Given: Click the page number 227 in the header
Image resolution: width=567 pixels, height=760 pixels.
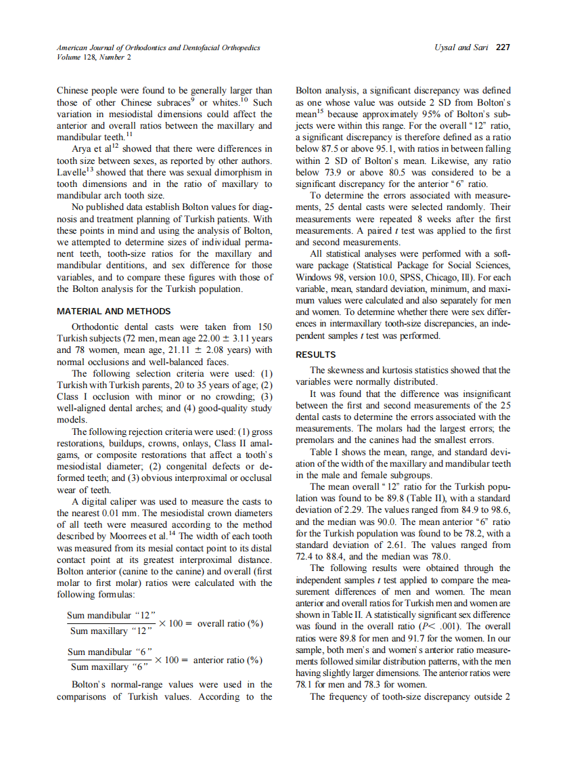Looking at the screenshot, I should pyautogui.click(x=502, y=48).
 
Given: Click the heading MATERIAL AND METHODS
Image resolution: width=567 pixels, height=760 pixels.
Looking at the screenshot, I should pyautogui.click(x=113, y=312).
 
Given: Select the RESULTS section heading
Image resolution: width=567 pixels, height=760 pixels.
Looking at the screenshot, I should pyautogui.click(x=315, y=354).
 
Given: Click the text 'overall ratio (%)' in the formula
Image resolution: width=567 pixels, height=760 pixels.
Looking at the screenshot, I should pyautogui.click(x=229, y=623).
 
